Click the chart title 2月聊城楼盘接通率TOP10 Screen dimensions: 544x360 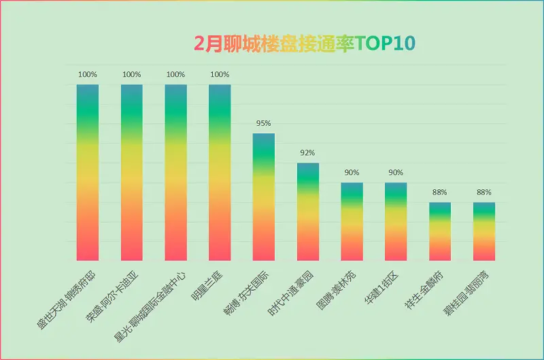point(305,44)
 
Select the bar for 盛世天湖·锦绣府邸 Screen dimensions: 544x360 point(88,173)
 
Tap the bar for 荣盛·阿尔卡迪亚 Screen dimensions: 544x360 point(132,173)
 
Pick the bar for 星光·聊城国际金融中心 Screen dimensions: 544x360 point(176,173)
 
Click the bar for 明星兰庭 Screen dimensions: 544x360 point(220,173)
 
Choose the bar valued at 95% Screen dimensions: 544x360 point(264,197)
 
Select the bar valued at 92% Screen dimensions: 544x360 point(308,212)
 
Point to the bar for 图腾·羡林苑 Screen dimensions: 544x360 point(352,221)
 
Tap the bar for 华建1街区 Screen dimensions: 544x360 point(396,221)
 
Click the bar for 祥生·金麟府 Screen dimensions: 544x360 point(440,231)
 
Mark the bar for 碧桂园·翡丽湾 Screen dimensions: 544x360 point(484,231)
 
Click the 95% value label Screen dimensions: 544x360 point(264,123)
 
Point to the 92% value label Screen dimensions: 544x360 point(308,152)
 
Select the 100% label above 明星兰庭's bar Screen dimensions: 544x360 point(220,74)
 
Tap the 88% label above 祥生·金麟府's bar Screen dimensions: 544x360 point(440,192)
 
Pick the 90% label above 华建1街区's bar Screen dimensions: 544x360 point(396,173)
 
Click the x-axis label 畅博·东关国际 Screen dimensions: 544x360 point(246,293)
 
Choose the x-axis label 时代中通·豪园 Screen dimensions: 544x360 point(291,293)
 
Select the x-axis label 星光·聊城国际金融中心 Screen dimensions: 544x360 point(150,307)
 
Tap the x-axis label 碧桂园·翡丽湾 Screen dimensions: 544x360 point(466,293)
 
